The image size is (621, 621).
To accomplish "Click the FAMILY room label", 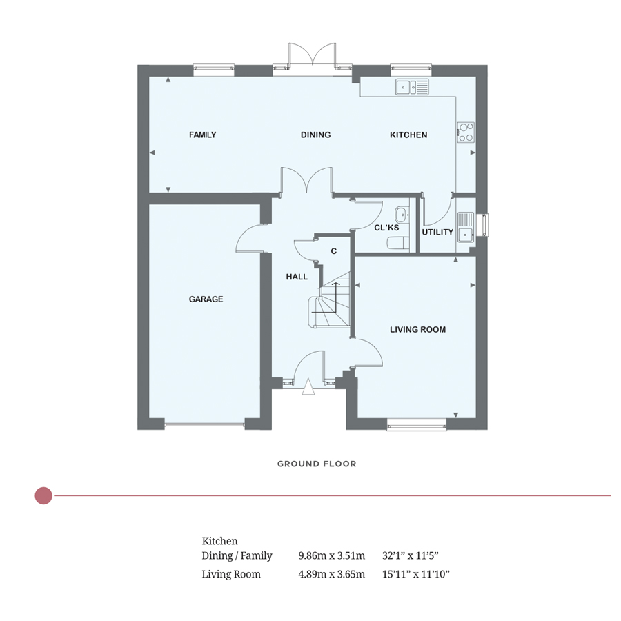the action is (x=202, y=135).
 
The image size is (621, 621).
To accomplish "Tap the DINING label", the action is (x=315, y=135).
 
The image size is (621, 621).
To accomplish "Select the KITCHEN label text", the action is (x=408, y=135).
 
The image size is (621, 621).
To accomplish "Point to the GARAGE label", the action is (x=206, y=299).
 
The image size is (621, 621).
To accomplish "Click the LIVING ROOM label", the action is (x=418, y=329).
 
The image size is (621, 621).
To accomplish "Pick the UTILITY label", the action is (x=437, y=232).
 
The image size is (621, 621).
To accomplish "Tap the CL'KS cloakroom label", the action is (x=386, y=228).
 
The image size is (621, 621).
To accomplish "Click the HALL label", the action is (x=297, y=277).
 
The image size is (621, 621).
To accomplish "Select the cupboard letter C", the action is (x=333, y=251).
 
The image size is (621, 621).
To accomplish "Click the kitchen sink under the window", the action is (x=412, y=87).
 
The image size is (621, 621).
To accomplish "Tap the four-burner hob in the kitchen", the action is (x=465, y=132).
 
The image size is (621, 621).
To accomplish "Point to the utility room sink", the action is (x=465, y=227).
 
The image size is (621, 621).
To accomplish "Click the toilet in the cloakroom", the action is (x=397, y=243).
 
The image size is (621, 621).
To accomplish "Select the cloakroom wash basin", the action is (x=402, y=215).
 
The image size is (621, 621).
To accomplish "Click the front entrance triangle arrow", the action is (x=308, y=386).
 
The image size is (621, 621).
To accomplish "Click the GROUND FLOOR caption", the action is (x=317, y=464).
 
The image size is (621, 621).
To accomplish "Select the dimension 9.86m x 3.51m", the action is (x=331, y=555).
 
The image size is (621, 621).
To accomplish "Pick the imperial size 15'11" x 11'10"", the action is (x=416, y=574).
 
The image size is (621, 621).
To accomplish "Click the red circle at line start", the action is (x=43, y=495).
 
